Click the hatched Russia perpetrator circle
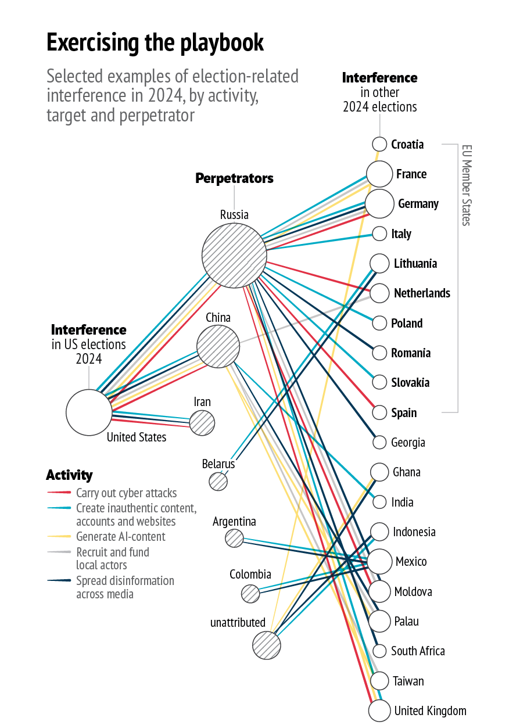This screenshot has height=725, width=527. tap(234, 256)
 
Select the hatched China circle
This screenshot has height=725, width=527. tap(218, 346)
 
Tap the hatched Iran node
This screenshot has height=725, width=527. tap(202, 423)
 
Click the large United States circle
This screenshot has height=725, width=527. tap(89, 412)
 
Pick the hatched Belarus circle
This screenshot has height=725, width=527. tap(218, 482)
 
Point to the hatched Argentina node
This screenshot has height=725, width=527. tap(234, 538)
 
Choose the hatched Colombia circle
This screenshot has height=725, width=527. tap(250, 593)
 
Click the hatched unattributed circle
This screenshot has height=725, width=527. tap(267, 645)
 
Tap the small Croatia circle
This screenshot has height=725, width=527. tap(379, 144)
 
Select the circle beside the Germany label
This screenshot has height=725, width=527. tap(379, 204)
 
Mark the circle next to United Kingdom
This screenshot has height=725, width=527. tap(379, 710)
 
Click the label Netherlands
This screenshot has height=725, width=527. tap(422, 293)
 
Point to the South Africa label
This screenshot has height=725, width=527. tap(418, 651)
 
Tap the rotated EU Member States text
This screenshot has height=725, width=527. tap(466, 185)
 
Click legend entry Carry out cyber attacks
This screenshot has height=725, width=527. tap(126, 493)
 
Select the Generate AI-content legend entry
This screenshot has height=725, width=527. tap(120, 537)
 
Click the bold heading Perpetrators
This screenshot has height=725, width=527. tap(234, 178)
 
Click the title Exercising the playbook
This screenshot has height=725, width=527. tap(155, 42)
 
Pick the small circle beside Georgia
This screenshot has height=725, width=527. tap(379, 443)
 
